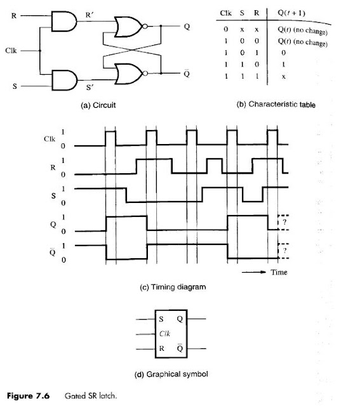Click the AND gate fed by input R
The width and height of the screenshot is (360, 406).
pos(64,21)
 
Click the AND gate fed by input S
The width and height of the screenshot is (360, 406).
pos(65,80)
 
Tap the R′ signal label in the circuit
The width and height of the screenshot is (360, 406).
pos(90,15)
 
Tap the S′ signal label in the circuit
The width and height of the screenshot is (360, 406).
pos(90,88)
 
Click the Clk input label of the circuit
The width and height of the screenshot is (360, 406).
pos(11,51)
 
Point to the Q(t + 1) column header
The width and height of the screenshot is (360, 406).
pos(291,13)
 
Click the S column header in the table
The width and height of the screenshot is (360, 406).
pos(242,13)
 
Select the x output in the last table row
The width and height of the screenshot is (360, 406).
pos(284,77)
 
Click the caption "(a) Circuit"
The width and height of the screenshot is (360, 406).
pos(98,105)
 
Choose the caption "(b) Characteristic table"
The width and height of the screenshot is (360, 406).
pos(276,104)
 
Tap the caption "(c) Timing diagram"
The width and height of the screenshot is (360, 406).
pos(173,287)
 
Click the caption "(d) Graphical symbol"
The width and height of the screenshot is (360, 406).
pos(171,374)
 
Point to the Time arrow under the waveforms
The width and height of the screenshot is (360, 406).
pos(254,272)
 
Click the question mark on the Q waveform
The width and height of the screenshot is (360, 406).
pos(284,222)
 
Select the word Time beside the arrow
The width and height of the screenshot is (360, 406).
pos(279,272)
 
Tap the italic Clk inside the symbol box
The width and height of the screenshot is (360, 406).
pos(164,334)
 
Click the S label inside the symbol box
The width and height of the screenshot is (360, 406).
pos(161,319)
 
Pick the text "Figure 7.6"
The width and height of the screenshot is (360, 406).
pos(28,396)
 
